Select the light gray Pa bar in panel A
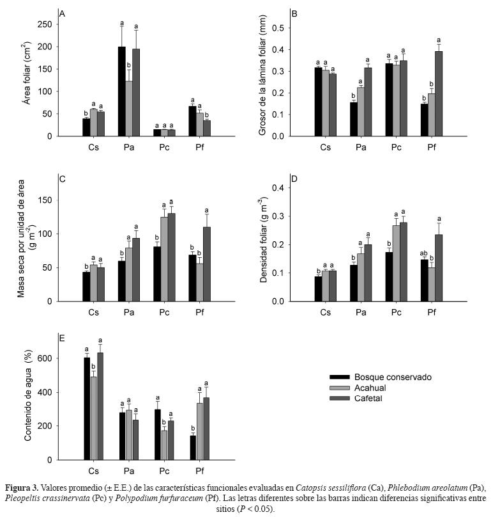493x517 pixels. coord(129,109)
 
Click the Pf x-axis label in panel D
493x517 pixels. coord(432,312)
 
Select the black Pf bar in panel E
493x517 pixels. coord(193,447)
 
